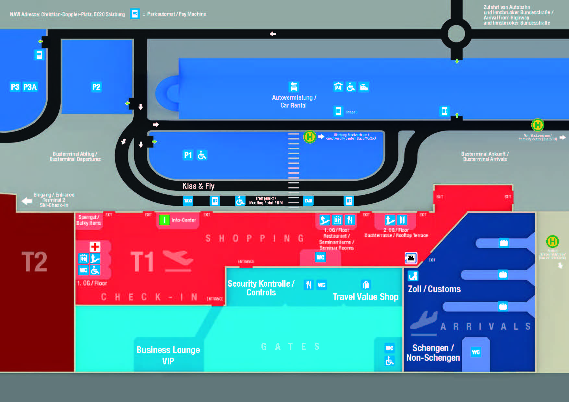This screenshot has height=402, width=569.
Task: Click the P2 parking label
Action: pyautogui.click(x=96, y=87)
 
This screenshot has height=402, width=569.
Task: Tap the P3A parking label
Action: pyautogui.click(x=30, y=87)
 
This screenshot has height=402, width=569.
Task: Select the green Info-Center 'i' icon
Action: pyautogui.click(x=164, y=220)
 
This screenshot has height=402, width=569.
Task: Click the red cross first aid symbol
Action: pyautogui.click(x=95, y=247)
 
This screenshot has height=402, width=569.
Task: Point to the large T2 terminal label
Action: pyautogui.click(x=34, y=262)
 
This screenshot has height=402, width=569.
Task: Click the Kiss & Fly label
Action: pyautogui.click(x=198, y=186)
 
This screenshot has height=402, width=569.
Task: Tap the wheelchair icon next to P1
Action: pyautogui.click(x=202, y=155)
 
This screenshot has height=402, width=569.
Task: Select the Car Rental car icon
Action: pyautogui.click(x=294, y=87)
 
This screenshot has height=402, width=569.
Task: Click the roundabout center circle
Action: pyautogui.click(x=456, y=34)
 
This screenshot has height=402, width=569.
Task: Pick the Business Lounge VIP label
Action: pyautogui.click(x=168, y=355)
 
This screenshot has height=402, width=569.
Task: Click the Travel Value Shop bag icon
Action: pyautogui.click(x=366, y=285)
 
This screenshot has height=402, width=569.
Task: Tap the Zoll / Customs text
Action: pyautogui.click(x=434, y=289)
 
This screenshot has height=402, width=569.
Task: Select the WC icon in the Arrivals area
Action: pyautogui.click(x=476, y=352)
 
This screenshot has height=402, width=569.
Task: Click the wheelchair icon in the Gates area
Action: pyautogui.click(x=389, y=361)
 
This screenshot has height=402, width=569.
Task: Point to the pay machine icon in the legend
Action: pyautogui.click(x=135, y=14)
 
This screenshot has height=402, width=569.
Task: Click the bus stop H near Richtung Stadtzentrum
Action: pyautogui.click(x=309, y=137)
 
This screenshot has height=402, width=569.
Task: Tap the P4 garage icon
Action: pyautogui.click(x=338, y=87)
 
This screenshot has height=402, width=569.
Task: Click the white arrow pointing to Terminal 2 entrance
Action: pyautogui.click(x=27, y=201)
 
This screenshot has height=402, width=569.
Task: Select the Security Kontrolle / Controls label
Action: pyautogui.click(x=261, y=288)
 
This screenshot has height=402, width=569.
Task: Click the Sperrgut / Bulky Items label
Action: pyautogui.click(x=89, y=220)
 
